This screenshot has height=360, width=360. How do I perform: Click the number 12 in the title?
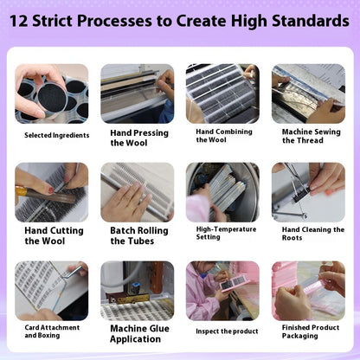point(19,21)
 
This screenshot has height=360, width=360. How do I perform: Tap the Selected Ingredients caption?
point(57,135)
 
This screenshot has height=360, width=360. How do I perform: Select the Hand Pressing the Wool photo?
point(138,93)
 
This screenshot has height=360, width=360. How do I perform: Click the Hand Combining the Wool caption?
point(224,136)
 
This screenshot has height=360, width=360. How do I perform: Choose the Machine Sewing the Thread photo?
point(308,93)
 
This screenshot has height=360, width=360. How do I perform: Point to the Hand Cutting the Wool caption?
point(54,235)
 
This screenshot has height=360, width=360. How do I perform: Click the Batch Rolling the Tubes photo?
point(138,192)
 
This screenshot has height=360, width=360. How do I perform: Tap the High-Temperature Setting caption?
point(226,233)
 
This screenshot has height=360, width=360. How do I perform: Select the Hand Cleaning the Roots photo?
point(308,192)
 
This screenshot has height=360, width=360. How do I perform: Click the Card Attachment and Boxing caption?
point(52,331)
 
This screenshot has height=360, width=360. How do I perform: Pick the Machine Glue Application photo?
point(138,291)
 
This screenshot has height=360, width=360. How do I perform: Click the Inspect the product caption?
point(227,331)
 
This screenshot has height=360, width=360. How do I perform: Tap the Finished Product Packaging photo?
point(308,291)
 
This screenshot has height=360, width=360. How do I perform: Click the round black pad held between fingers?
point(52,98)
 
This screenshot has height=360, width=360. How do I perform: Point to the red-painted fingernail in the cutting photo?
point(51,190)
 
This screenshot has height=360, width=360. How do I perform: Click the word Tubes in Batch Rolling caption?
point(141,241)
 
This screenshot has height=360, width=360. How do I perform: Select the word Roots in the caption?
point(292,238)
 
